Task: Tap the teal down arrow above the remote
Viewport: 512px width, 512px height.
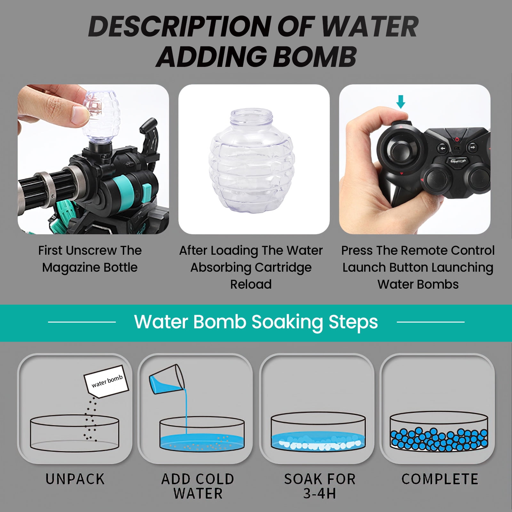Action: click(401, 102)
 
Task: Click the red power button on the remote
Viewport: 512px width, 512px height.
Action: click(457, 139)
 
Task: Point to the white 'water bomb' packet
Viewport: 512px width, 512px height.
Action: click(106, 381)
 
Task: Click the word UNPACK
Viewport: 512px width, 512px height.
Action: click(75, 479)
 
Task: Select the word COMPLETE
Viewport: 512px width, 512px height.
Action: click(440, 479)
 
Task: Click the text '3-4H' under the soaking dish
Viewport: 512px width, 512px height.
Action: click(320, 493)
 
